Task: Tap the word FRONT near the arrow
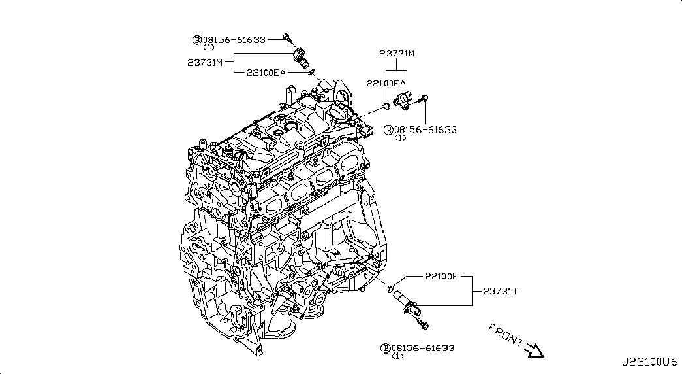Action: pyautogui.click(x=504, y=334)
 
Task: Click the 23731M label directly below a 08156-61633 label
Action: pyautogui.click(x=205, y=63)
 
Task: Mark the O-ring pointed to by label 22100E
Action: pyautogui.click(x=390, y=286)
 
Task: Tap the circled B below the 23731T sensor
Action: pyautogui.click(x=384, y=348)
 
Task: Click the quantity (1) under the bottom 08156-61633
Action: pyautogui.click(x=397, y=356)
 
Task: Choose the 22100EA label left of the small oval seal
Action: pyautogui.click(x=266, y=73)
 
